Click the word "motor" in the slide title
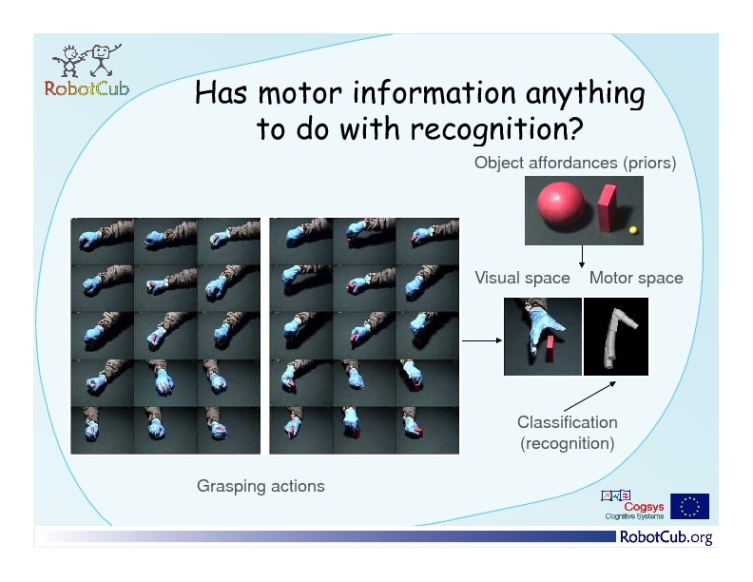point(300,92)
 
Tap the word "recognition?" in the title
point(496,128)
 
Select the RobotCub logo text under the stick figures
point(87,88)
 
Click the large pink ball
point(560,202)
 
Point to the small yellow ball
point(634,230)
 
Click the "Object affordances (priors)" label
point(575,163)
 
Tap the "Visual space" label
point(523,278)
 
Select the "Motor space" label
point(636,278)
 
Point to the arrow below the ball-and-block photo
point(582,257)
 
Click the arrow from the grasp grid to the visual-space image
point(482,340)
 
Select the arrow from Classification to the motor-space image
point(589,397)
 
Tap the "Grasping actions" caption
point(261,486)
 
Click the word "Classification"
point(568,422)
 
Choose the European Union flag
point(689,506)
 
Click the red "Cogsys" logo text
point(644,507)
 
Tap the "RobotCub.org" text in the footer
point(666,537)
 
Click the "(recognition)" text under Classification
point(568,443)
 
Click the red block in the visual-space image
point(550,349)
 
